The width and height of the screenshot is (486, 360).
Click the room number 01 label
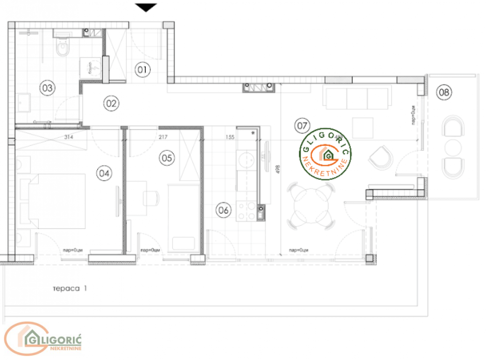(141, 70)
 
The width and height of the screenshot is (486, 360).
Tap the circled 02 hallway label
(111, 103)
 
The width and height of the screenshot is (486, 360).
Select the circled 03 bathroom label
(48, 88)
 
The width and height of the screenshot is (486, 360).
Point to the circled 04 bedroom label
(104, 172)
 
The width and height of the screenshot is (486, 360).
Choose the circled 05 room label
(167, 158)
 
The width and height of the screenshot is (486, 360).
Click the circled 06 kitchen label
(224, 210)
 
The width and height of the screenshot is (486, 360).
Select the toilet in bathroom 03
(63, 48)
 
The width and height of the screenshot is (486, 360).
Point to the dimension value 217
(162, 137)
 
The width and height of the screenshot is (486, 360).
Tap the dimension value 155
(230, 137)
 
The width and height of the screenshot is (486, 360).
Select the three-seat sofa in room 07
(357, 98)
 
